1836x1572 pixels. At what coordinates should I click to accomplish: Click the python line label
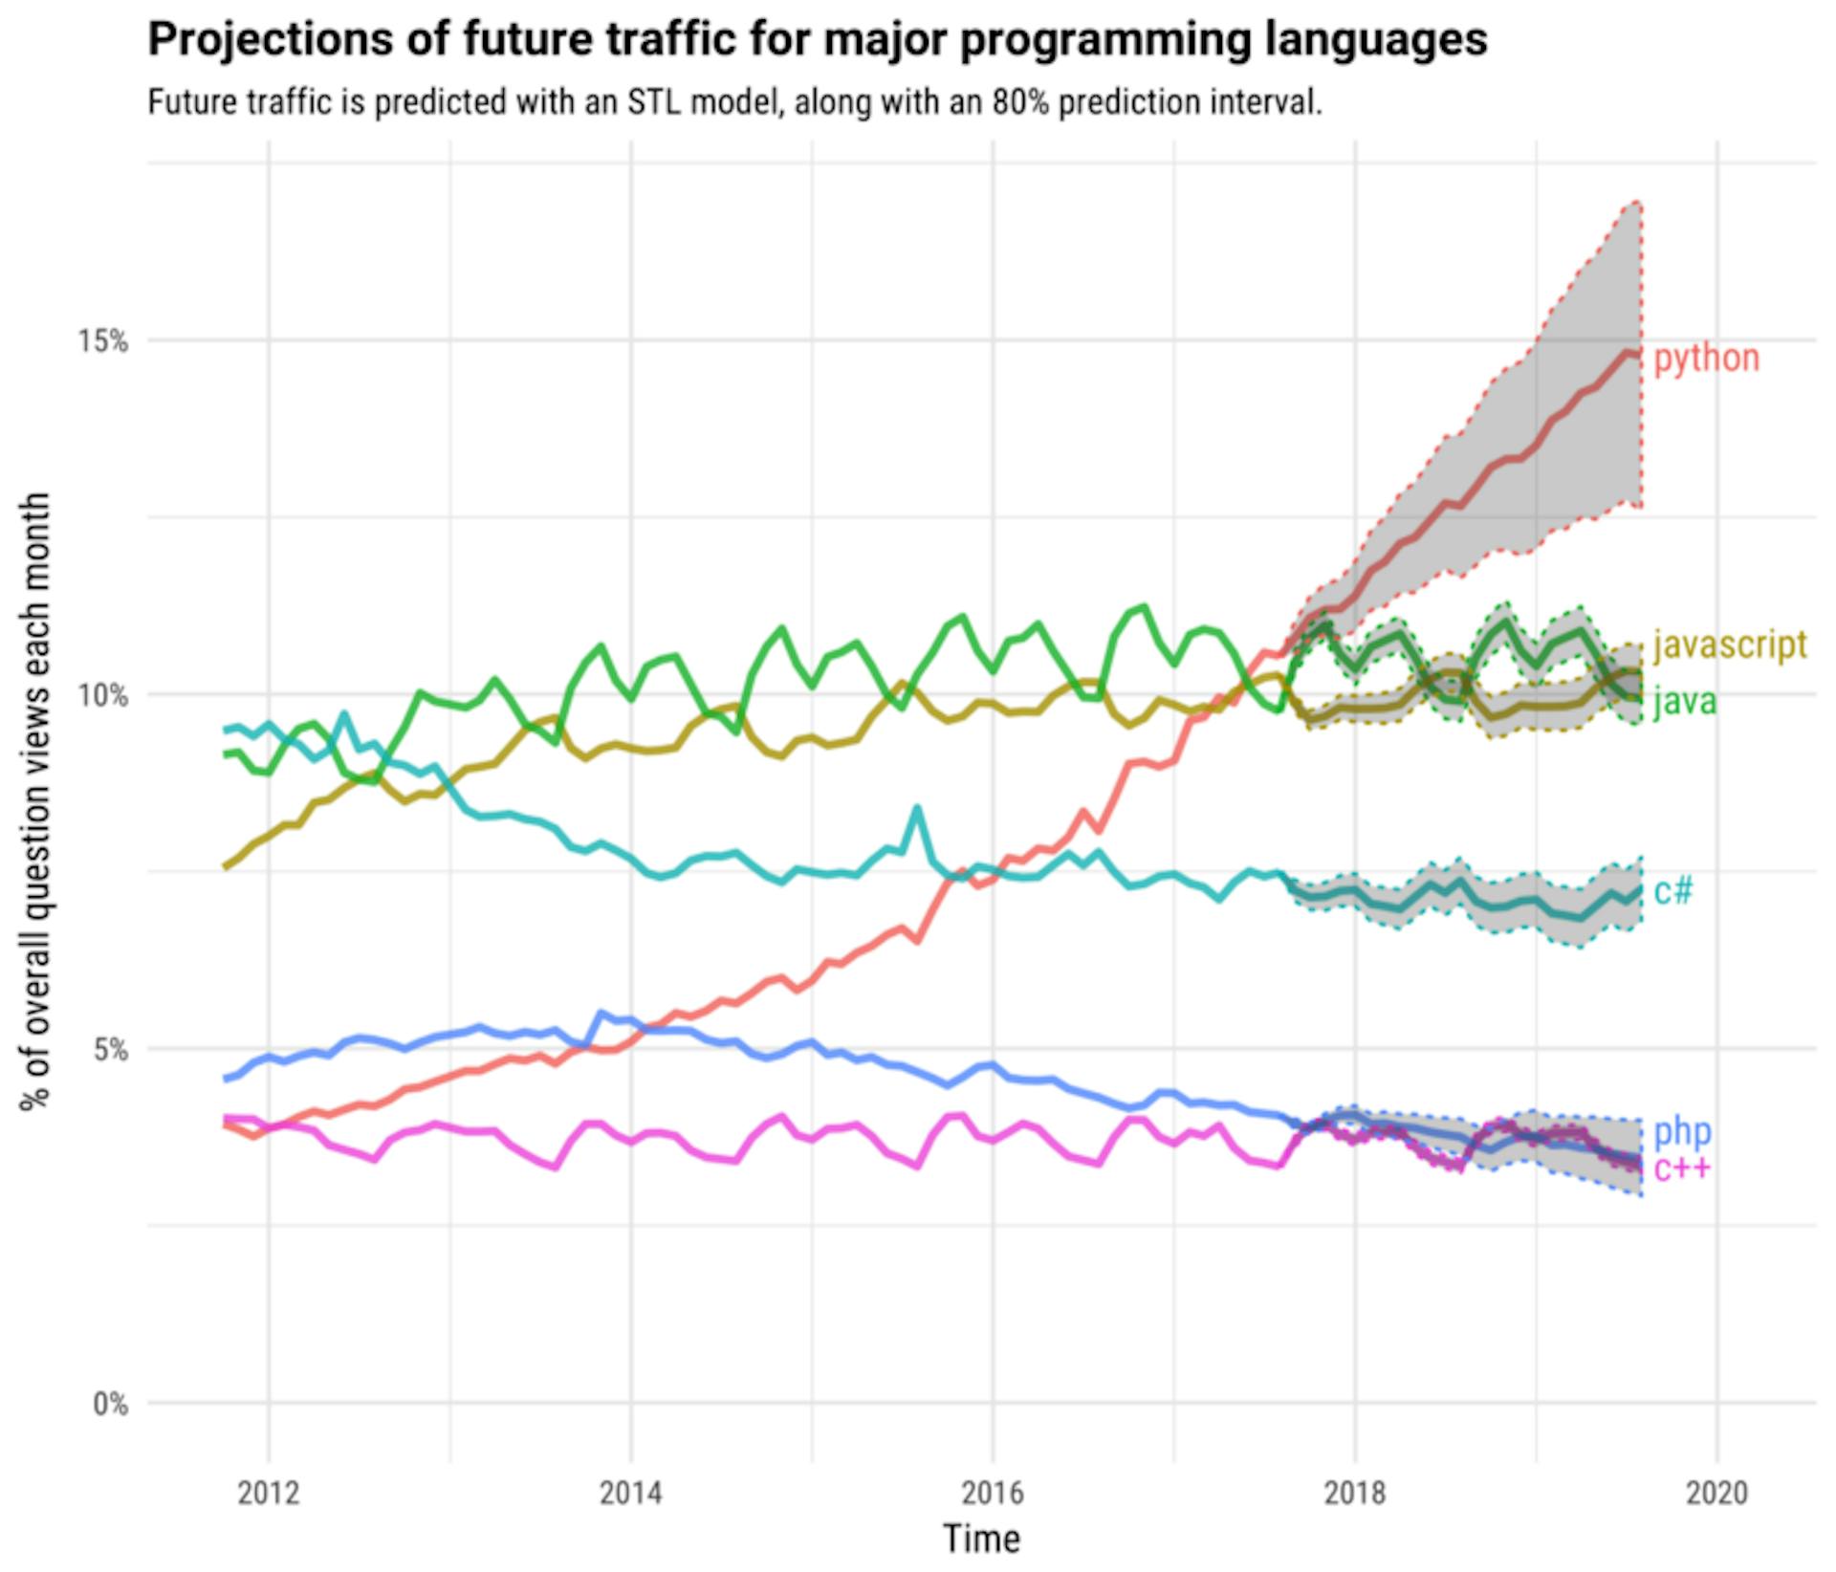coord(1706,358)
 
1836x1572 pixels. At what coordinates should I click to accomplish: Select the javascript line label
coord(1730,644)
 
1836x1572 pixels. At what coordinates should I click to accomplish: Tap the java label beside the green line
coord(1684,701)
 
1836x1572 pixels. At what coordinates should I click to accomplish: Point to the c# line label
coord(1673,891)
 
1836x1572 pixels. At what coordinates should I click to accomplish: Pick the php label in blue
coord(1682,1131)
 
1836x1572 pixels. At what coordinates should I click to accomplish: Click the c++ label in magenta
coord(1682,1168)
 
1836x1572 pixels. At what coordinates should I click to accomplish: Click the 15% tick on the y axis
coord(102,340)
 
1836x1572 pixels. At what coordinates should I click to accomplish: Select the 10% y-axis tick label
coord(102,695)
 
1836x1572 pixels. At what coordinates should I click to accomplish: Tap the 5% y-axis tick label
coord(110,1050)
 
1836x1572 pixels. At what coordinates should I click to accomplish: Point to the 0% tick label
coord(110,1404)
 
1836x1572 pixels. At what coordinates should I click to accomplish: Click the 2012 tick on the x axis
coord(269,1493)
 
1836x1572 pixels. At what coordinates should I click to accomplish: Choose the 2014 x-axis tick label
coord(630,1493)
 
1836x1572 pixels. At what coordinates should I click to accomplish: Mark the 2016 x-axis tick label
coord(993,1493)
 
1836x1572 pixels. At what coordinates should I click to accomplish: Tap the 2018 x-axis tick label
coord(1354,1493)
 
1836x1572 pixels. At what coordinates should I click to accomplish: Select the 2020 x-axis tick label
coord(1716,1493)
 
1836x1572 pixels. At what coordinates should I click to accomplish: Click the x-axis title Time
coord(982,1539)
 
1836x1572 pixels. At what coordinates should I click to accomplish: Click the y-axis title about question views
coord(35,801)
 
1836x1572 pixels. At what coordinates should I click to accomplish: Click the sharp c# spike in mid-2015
coord(917,809)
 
